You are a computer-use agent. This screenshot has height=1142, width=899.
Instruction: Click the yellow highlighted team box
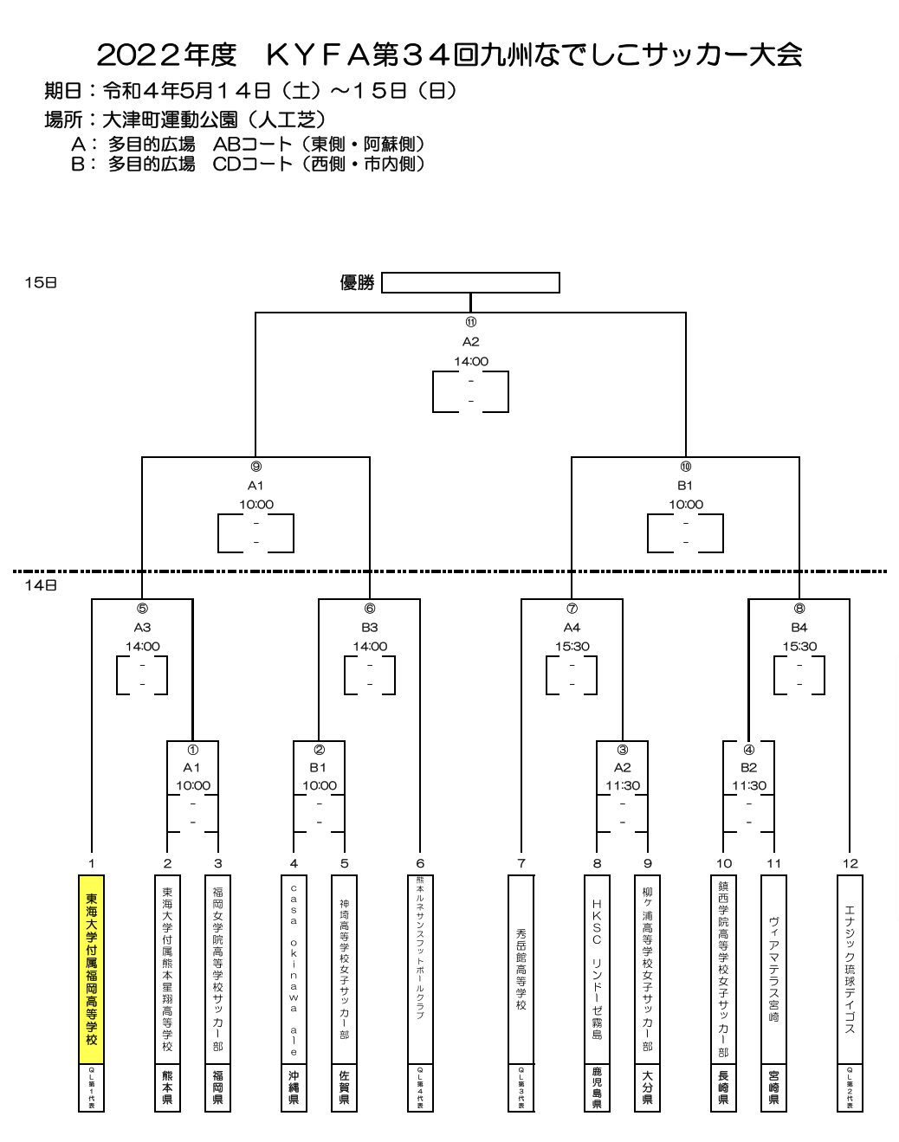[91, 969]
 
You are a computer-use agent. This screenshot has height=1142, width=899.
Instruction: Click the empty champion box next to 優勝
[470, 283]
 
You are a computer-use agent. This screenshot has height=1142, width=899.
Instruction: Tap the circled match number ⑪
[470, 322]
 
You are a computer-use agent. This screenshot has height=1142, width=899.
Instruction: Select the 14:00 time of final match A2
[470, 361]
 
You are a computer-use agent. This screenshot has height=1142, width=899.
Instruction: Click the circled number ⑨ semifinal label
[255, 467]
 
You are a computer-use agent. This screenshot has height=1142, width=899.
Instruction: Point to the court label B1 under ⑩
[685, 486]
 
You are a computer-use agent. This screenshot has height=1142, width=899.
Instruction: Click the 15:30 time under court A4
[572, 646]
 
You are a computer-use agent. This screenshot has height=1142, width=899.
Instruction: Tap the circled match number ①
[192, 750]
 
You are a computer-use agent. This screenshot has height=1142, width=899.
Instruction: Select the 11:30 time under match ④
[748, 785]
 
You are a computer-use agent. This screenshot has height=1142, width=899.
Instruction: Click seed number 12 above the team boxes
[850, 863]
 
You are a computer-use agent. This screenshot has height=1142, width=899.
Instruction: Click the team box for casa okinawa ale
[294, 969]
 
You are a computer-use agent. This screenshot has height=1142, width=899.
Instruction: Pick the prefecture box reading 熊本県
[167, 1087]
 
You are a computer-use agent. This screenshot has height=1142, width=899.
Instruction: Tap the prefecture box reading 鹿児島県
[597, 1087]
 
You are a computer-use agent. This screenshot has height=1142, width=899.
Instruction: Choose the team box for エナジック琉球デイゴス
[850, 969]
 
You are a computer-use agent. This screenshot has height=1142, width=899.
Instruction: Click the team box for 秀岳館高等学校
[521, 969]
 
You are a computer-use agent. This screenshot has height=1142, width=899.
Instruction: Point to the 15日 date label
[41, 283]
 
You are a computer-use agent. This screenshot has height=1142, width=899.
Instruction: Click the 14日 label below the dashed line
[41, 585]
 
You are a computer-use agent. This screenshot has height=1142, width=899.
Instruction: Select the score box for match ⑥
[370, 675]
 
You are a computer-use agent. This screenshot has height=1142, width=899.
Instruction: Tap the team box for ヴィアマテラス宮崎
[773, 969]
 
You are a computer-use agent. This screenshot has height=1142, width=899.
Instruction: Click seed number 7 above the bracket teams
[521, 863]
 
